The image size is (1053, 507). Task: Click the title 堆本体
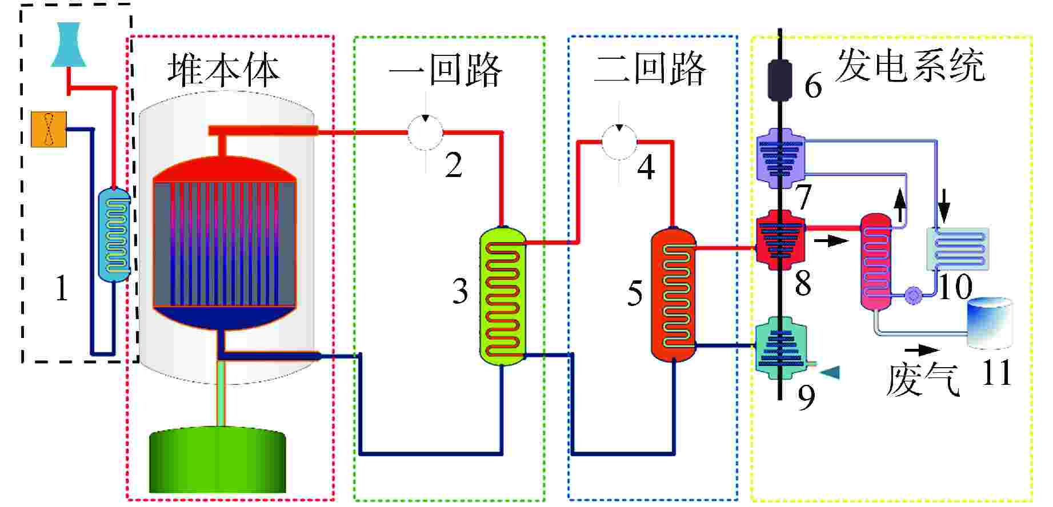(223, 71)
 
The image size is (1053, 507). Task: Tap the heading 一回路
(445, 71)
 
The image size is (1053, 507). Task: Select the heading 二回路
(650, 70)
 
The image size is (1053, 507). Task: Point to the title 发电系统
(910, 66)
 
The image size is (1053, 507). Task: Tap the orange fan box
(49, 129)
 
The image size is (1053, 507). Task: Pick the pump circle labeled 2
(425, 132)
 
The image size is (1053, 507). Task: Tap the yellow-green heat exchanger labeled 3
(502, 296)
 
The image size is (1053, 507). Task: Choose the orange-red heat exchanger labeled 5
(674, 296)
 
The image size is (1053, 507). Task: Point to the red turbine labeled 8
(780, 240)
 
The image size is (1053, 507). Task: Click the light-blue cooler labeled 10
(958, 249)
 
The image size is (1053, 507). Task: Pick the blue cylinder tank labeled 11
(989, 323)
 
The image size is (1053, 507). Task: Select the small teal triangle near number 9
(830, 372)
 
